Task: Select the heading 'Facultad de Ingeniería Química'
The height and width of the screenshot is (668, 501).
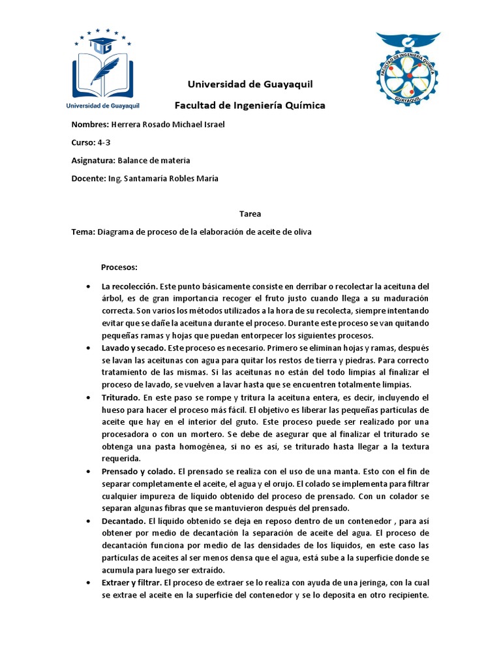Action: coord(250,105)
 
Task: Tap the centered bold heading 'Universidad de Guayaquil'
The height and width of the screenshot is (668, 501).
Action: coord(250,84)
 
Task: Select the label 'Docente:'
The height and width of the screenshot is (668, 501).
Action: coord(88,178)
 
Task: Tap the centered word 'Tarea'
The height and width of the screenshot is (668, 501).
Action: coord(250,213)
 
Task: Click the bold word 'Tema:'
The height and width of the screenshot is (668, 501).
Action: coord(83,232)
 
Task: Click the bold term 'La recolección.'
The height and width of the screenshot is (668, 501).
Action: coord(130,286)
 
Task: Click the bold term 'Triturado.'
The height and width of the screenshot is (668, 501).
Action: coord(120,397)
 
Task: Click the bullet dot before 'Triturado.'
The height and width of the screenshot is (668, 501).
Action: coord(88,397)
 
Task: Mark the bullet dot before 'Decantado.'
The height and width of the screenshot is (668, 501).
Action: coord(88,521)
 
